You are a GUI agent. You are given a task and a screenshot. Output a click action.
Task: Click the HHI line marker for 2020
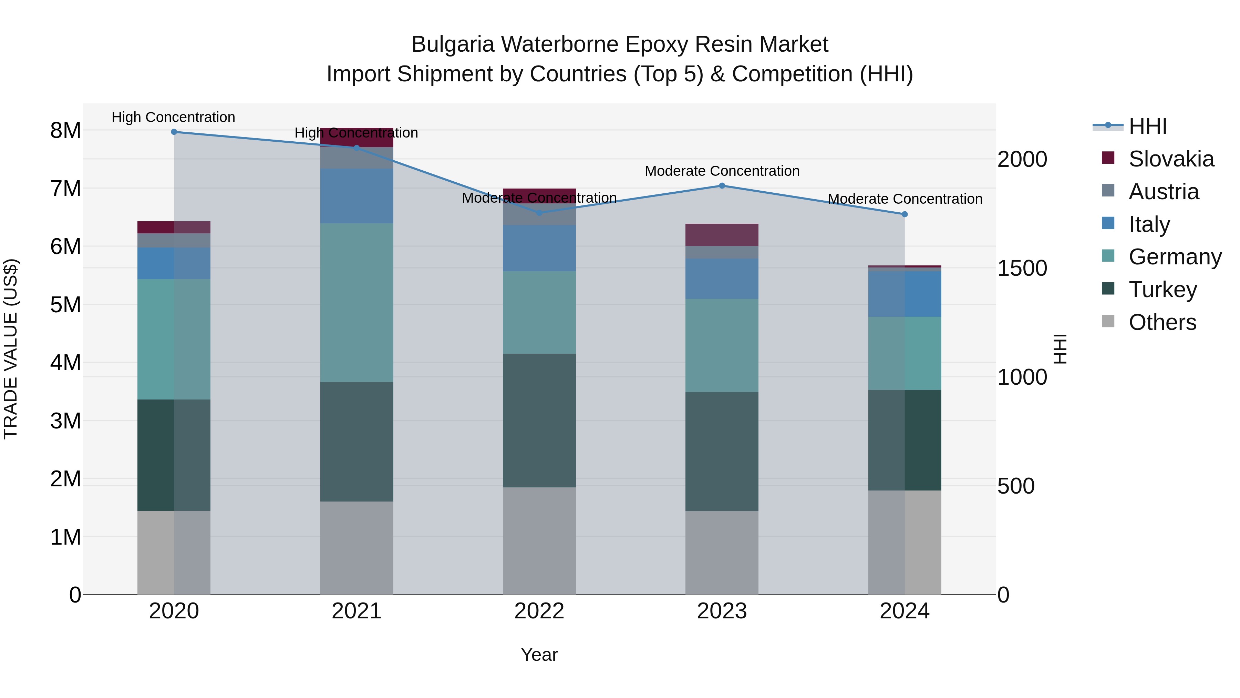(x=174, y=132)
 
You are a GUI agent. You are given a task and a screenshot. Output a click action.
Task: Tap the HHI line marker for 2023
(x=722, y=186)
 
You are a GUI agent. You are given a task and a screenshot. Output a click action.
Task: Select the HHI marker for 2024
(x=905, y=214)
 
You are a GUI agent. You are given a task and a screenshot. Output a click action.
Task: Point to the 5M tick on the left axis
(x=65, y=304)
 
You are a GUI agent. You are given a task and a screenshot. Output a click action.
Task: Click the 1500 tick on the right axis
(x=1022, y=268)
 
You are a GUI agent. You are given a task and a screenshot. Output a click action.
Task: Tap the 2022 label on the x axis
(x=539, y=611)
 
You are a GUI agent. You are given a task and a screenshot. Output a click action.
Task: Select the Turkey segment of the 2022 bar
(x=539, y=420)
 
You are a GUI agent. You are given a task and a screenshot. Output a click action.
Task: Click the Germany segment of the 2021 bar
(x=357, y=303)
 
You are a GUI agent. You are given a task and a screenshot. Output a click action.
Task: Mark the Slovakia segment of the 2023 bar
(x=722, y=235)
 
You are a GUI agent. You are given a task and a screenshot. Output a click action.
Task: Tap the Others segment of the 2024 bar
(x=905, y=543)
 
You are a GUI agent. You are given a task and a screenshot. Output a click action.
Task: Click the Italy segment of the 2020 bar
(x=174, y=263)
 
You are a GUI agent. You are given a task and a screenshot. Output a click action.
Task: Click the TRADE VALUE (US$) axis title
(x=11, y=349)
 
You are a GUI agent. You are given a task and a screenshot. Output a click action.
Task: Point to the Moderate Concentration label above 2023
(x=722, y=171)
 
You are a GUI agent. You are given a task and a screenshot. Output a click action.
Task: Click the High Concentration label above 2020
(x=173, y=118)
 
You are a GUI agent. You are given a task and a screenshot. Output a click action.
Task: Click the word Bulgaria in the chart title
(x=453, y=45)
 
